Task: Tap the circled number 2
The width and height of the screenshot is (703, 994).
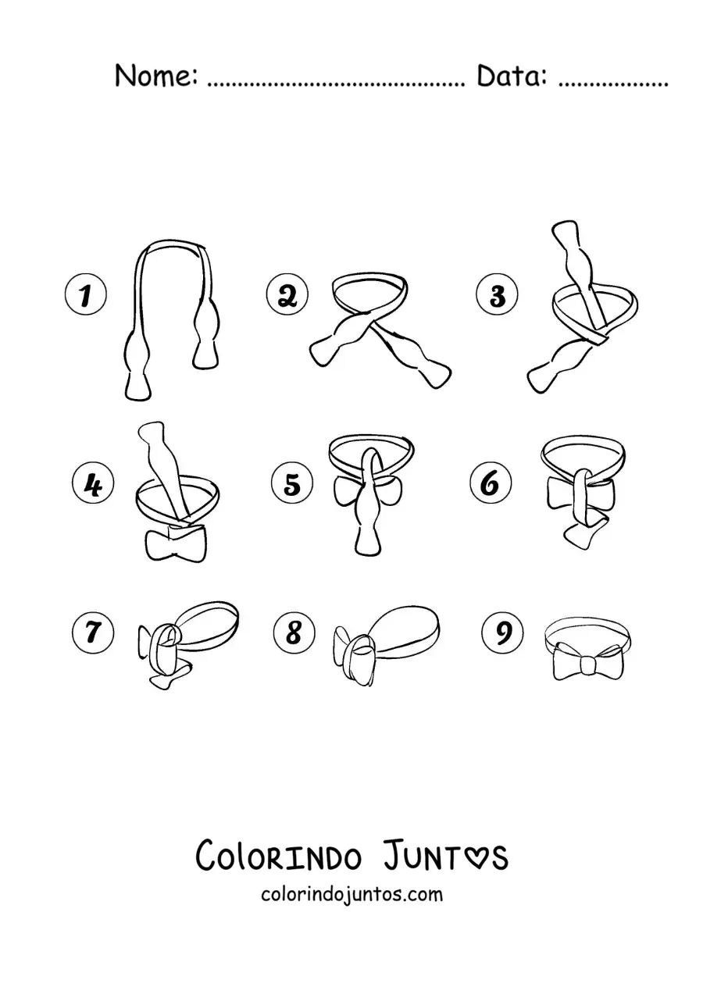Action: click(x=287, y=294)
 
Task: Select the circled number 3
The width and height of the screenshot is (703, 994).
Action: click(x=497, y=294)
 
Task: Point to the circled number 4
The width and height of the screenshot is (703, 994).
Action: click(x=93, y=483)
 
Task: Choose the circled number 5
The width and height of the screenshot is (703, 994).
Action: click(x=292, y=483)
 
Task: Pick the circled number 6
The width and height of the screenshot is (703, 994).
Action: click(x=491, y=483)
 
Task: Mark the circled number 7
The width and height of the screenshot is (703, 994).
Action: click(x=93, y=632)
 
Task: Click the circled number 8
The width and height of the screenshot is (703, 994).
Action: click(x=294, y=632)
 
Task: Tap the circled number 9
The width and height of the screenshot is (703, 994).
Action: click(x=502, y=632)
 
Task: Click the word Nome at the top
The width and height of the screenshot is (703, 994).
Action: click(x=155, y=76)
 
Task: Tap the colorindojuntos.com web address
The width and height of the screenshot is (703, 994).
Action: click(x=352, y=894)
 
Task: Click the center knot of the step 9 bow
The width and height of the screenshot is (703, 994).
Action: click(x=587, y=664)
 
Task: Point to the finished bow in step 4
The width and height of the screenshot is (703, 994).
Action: click(x=176, y=544)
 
